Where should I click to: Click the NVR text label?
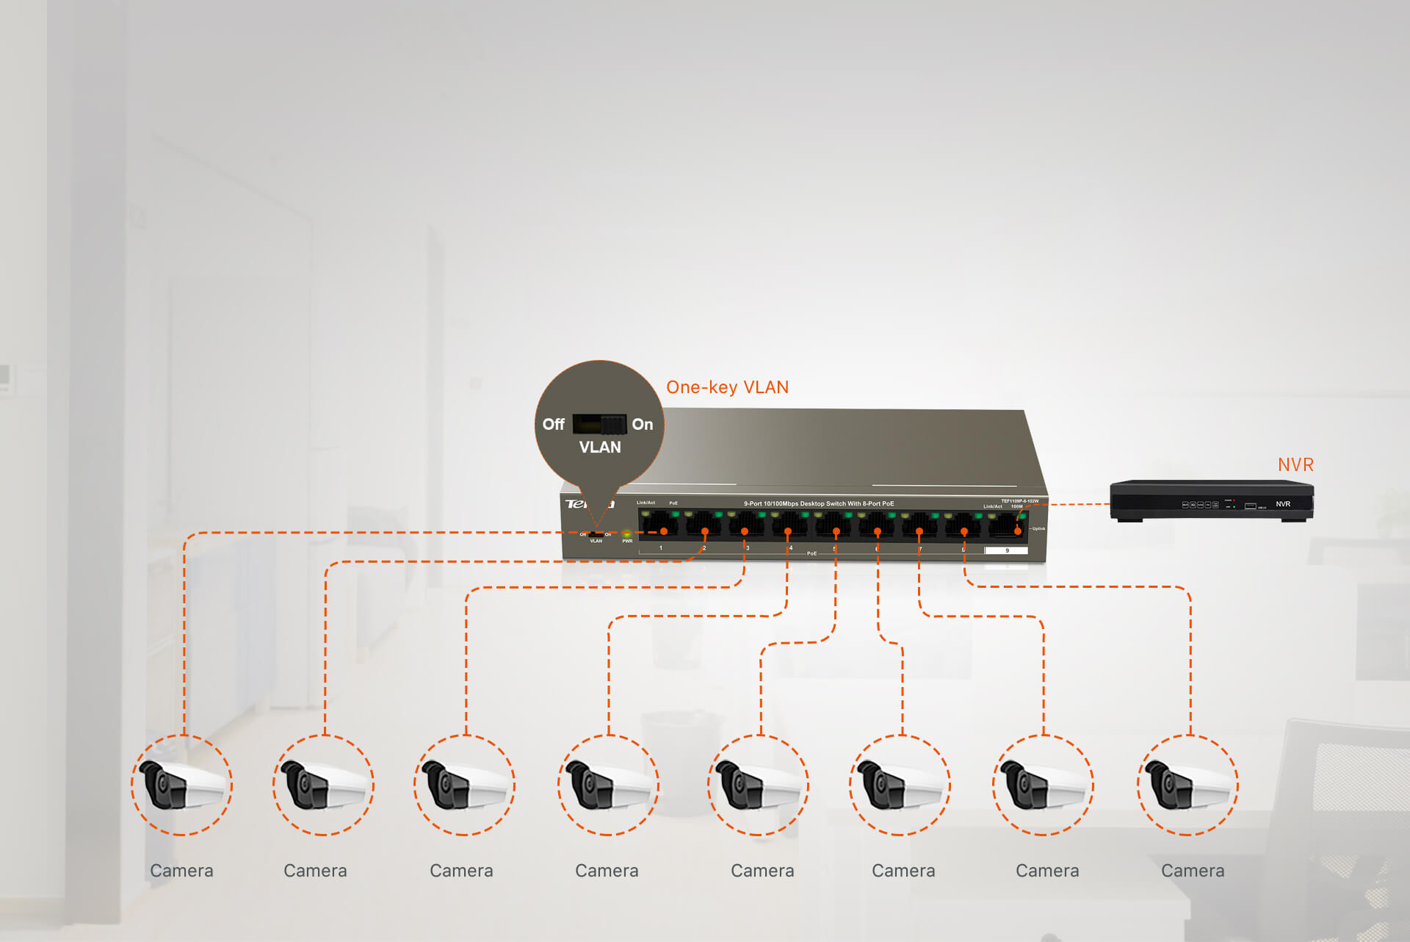tap(1295, 464)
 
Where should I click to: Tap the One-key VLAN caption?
tap(727, 387)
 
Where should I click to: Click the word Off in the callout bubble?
tap(553, 424)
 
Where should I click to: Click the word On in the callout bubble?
tap(642, 424)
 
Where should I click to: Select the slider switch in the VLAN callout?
tap(599, 424)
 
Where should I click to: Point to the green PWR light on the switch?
tap(626, 533)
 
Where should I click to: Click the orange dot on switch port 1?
tap(664, 531)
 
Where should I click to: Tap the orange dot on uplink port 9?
tap(1018, 531)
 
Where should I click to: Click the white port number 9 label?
tap(1006, 550)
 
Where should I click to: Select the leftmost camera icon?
tap(181, 785)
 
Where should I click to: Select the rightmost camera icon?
tap(1187, 785)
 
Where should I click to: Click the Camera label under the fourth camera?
tap(607, 871)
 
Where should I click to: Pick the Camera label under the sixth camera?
tap(903, 871)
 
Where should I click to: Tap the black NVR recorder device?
tap(1212, 501)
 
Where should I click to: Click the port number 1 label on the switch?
tap(661, 548)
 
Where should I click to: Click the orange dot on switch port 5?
tap(836, 531)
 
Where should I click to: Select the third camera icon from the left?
tap(464, 785)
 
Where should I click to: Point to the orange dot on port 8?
tap(964, 531)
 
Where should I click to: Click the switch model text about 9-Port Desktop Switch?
tap(819, 503)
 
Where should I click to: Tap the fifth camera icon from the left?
tap(758, 785)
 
